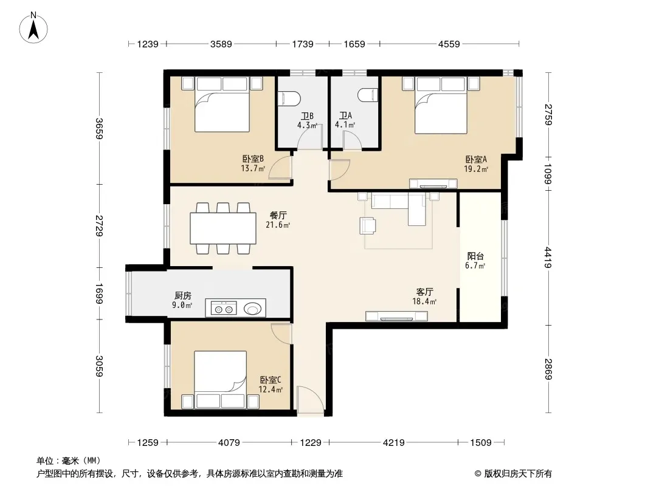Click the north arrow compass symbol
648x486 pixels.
click(33, 28)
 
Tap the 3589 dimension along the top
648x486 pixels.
click(221, 44)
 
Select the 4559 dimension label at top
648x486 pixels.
click(449, 44)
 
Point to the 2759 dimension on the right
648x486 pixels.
click(548, 114)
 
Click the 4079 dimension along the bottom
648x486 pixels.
click(229, 443)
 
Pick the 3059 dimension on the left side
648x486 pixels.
click(99, 366)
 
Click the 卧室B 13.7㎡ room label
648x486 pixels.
click(253, 163)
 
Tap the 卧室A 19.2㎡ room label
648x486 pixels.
click(476, 164)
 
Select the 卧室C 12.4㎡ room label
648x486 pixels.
click(271, 385)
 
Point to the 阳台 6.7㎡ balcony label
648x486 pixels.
click(475, 261)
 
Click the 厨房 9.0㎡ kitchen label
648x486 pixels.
click(182, 300)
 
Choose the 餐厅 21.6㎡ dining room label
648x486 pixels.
click(278, 220)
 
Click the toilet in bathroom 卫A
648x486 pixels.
click(368, 95)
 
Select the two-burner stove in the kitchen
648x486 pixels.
click(224, 309)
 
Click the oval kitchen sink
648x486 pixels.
click(252, 309)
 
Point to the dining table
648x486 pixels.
click(222, 228)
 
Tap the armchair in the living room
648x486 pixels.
click(368, 226)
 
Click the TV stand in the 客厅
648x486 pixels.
click(396, 317)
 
